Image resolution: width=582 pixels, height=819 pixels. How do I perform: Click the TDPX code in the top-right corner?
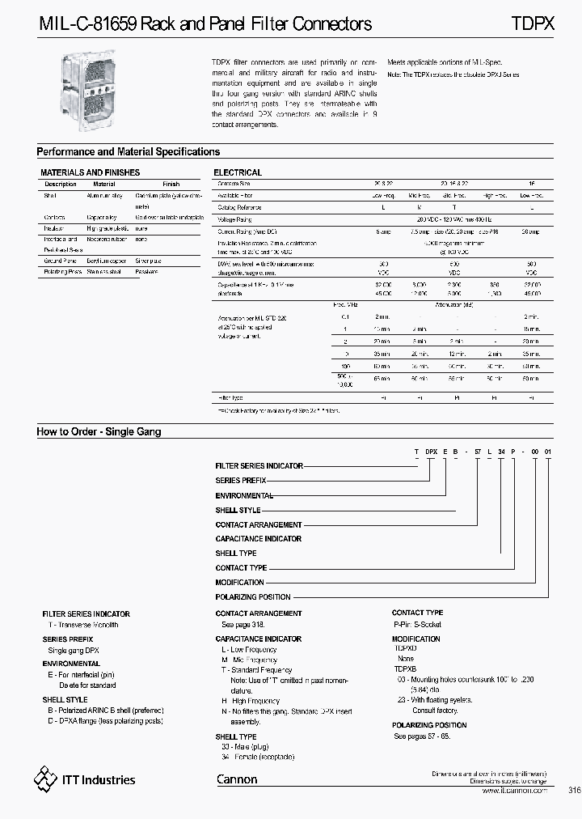pos(533,24)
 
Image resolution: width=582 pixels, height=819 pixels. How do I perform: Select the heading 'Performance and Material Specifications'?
pos(129,152)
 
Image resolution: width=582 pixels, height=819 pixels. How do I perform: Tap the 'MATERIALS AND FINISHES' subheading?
pos(90,172)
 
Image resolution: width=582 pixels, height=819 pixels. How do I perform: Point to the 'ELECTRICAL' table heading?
pos(237,172)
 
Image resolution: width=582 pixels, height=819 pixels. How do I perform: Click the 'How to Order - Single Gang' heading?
pos(99,432)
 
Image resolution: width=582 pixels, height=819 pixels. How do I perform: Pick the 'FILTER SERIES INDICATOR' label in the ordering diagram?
pos(259,466)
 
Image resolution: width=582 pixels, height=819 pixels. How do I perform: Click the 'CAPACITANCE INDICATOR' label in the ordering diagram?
pos(258,539)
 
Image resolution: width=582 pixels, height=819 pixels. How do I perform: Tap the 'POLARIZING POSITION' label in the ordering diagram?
pos(252,597)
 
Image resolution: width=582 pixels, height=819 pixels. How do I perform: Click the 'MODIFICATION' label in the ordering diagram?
pos(239,583)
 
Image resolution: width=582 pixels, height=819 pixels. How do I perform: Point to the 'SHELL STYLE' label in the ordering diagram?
pos(238,511)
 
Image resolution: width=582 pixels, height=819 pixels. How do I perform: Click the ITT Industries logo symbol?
pos(45,779)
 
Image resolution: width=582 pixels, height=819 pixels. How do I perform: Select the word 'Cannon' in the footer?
pos(237,780)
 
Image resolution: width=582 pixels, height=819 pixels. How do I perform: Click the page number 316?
pos(575,791)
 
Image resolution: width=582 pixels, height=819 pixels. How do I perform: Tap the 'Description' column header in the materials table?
pos(61,185)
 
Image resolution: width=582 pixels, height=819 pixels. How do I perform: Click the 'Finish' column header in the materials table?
pos(171,185)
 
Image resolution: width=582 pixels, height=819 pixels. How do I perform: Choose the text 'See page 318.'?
pos(243,626)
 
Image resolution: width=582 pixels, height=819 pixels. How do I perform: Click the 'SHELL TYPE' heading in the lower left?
pos(236,737)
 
